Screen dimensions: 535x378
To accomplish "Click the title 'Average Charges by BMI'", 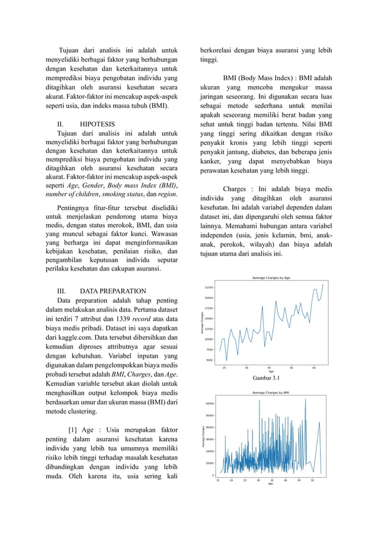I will (271, 393).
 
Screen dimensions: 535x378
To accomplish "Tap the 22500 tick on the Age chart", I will (209, 287).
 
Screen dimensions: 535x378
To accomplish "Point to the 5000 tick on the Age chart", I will (210, 360).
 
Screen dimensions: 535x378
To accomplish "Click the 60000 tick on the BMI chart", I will (210, 403).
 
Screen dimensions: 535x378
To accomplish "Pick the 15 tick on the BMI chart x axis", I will (217, 480).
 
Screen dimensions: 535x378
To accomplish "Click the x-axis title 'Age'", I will (271, 371).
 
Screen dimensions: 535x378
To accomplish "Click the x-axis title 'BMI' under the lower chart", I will (270, 484).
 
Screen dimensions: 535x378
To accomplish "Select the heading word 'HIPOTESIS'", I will (98, 125).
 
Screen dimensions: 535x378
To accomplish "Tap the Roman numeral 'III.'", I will (61, 291).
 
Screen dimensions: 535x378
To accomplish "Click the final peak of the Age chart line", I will (323, 284).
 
